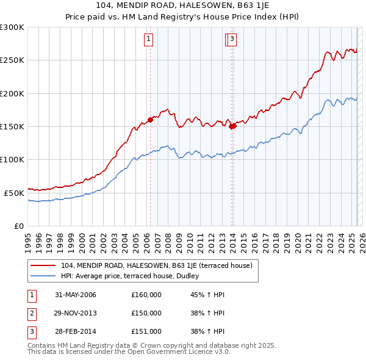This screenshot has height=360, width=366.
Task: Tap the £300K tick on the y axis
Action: pyautogui.click(x=12, y=27)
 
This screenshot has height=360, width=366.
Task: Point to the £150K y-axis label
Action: pyautogui.click(x=12, y=126)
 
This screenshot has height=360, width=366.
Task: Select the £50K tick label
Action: pyautogui.click(x=15, y=193)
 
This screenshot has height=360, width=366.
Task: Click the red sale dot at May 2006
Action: pyautogui.click(x=150, y=120)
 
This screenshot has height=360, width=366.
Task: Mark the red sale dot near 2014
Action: pyautogui.click(x=233, y=126)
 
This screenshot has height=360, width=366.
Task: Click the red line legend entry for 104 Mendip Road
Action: pyautogui.click(x=160, y=265)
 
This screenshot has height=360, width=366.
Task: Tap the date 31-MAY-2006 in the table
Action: pyautogui.click(x=76, y=295)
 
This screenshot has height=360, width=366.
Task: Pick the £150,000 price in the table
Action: pyautogui.click(x=146, y=313)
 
